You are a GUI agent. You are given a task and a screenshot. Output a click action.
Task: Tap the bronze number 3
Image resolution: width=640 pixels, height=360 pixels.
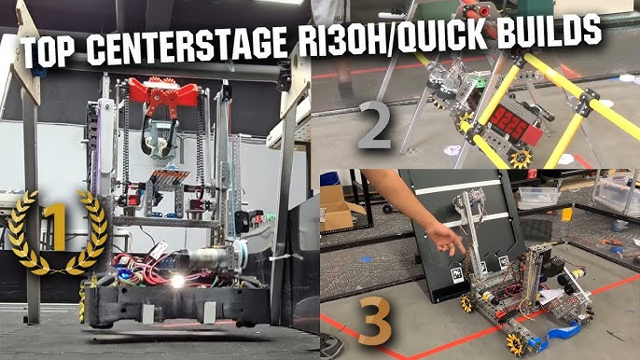[370, 320]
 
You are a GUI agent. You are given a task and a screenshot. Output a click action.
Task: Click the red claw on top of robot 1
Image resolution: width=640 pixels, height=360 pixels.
[164, 95]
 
